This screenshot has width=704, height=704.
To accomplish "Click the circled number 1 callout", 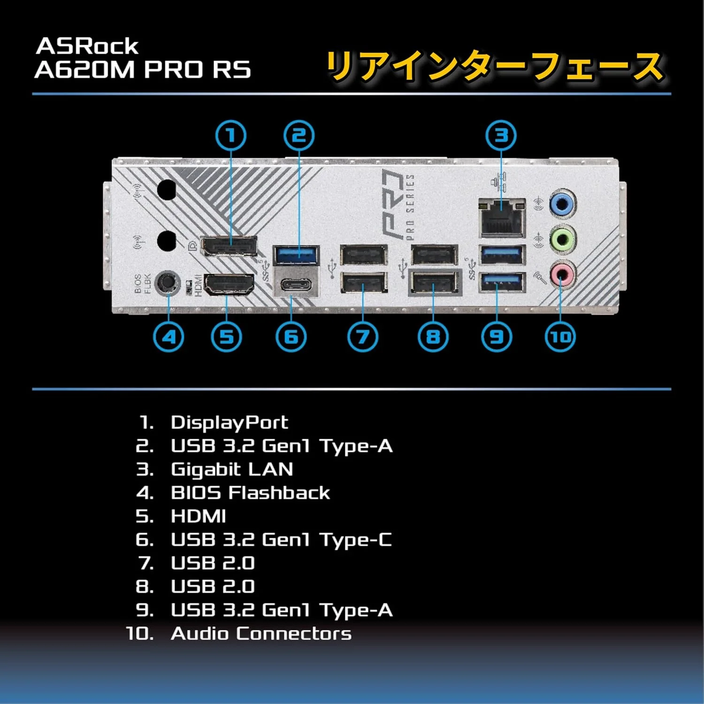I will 230,136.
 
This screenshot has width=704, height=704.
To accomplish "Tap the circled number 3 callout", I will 501,136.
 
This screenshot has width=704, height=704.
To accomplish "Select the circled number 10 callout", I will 560,337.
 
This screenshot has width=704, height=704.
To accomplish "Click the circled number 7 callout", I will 362,337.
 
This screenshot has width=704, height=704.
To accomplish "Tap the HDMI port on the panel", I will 229,285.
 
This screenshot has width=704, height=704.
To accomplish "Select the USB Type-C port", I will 296,285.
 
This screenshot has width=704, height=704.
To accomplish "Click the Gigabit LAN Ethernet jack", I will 501,218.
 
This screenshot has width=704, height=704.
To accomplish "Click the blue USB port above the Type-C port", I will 296,255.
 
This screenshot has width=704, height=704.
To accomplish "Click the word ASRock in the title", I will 87,46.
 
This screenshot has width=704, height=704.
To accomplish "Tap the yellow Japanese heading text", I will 495,67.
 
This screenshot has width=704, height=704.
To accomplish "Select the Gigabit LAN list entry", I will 232,469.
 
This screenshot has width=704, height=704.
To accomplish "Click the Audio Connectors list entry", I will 261,634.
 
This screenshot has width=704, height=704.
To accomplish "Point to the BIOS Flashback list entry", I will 250,493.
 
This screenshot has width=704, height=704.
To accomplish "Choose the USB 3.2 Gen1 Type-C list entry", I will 281,540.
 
